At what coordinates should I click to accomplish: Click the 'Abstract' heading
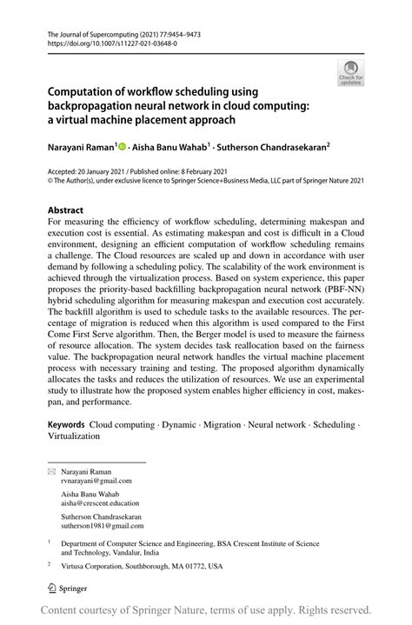tap(66, 211)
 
